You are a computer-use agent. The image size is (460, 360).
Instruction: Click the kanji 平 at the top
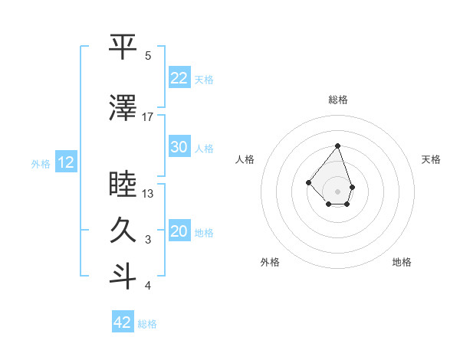[x=123, y=47]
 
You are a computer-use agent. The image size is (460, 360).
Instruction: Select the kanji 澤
[x=123, y=110]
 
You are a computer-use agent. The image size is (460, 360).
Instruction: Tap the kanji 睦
[x=123, y=185]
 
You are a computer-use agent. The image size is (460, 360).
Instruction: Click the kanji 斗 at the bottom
[x=123, y=277]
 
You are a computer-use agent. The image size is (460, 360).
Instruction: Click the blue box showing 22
[x=179, y=78]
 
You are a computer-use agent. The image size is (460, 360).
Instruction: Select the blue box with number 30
[x=179, y=147]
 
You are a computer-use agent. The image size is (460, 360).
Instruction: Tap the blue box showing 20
[x=179, y=231]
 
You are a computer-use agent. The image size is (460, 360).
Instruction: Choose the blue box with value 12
[x=66, y=162]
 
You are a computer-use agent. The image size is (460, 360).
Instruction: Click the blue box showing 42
[x=123, y=322]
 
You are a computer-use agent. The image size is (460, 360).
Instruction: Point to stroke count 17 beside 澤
[x=148, y=117]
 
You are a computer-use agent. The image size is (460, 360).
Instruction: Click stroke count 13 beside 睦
[x=148, y=193]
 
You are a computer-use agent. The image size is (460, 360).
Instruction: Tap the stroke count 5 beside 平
[x=148, y=55]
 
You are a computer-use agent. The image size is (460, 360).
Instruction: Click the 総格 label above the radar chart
[x=338, y=100]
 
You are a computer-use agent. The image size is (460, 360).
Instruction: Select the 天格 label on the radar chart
[x=432, y=159]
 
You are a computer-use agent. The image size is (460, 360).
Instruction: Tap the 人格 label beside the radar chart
[x=245, y=159]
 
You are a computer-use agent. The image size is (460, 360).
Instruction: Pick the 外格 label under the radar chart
[x=270, y=262]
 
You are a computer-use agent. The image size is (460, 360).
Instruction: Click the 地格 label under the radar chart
[x=402, y=262]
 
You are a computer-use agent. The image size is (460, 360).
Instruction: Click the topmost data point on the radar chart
[x=337, y=146]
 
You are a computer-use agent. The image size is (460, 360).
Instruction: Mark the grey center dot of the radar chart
[x=337, y=191]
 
